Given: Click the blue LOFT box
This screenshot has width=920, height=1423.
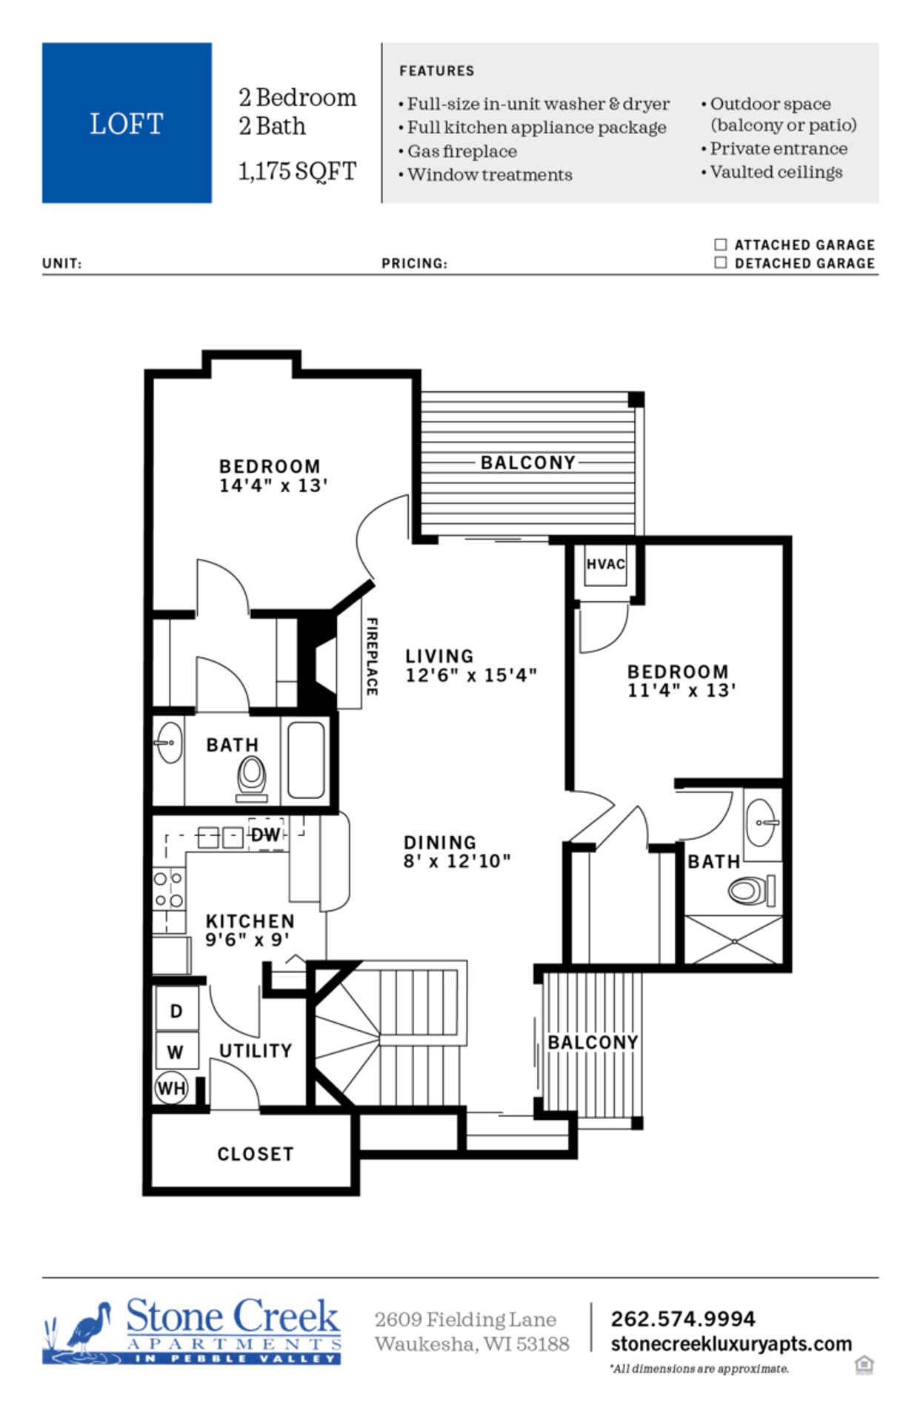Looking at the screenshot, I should pyautogui.click(x=127, y=123).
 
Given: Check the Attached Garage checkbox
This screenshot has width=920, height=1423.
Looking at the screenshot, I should pyautogui.click(x=720, y=245).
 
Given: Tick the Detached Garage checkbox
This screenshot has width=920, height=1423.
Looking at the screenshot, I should pyautogui.click(x=720, y=263).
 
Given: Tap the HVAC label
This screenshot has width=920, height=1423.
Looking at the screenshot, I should pyautogui.click(x=605, y=564).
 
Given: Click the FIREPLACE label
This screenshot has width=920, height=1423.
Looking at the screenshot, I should pyautogui.click(x=372, y=657).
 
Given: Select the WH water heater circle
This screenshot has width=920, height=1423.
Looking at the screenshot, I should pyautogui.click(x=171, y=1088).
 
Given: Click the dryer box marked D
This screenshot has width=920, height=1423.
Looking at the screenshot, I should pyautogui.click(x=176, y=1011).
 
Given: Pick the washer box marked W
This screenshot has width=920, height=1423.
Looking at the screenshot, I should pyautogui.click(x=176, y=1051).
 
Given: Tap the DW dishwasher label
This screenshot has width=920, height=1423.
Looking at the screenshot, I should pyautogui.click(x=265, y=835).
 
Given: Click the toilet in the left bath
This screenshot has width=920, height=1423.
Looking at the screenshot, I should pyautogui.click(x=252, y=775).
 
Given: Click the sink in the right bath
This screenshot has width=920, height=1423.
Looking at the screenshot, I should pyautogui.click(x=763, y=823).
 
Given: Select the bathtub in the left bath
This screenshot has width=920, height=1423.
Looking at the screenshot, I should pyautogui.click(x=306, y=759).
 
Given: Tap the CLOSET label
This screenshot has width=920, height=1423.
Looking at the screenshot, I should pyautogui.click(x=256, y=1154).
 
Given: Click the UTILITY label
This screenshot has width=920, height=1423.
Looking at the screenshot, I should pyautogui.click(x=256, y=1050).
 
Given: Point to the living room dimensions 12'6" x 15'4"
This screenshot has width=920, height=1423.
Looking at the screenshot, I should pyautogui.click(x=470, y=675).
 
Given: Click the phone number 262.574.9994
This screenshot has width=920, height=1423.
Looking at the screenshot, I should pyautogui.click(x=683, y=1319).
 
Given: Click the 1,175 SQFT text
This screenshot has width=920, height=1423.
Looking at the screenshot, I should pyautogui.click(x=297, y=171).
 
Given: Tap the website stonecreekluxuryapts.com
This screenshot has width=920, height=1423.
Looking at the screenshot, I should pyautogui.click(x=731, y=1344).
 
